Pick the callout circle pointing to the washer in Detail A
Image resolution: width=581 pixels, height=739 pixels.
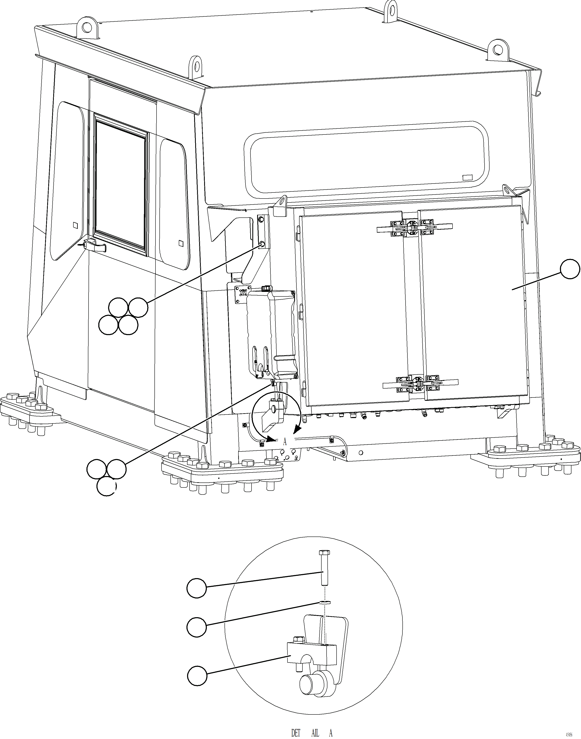[x=197, y=627]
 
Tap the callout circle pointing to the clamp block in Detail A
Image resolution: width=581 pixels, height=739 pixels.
[x=197, y=676]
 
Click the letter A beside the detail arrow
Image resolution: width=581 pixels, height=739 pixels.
[x=285, y=442]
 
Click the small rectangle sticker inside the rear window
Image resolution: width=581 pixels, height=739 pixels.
[x=468, y=177]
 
